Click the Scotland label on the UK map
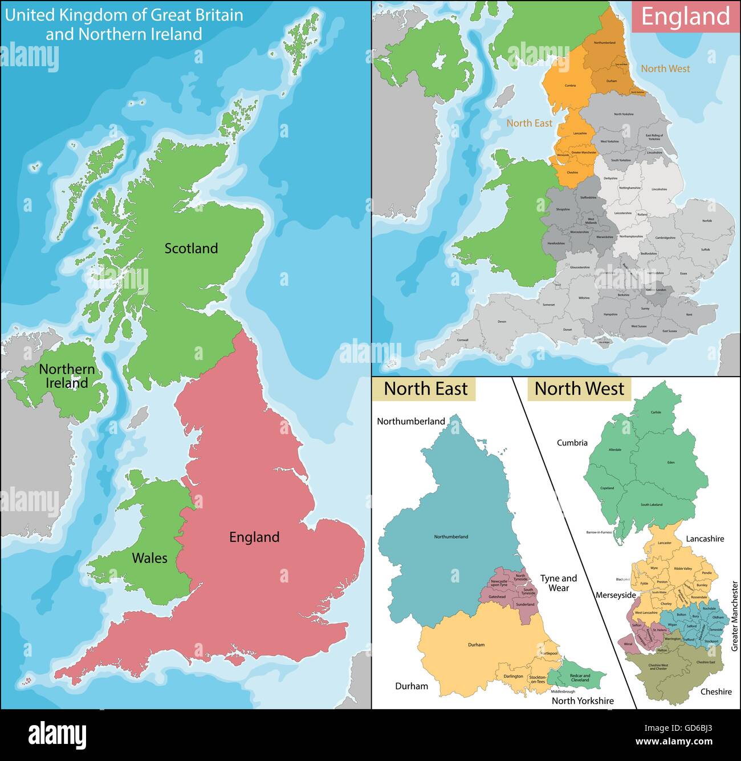[191, 248]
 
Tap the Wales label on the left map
[149, 558]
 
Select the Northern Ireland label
[67, 376]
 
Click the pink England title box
[685, 16]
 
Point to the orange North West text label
[665, 68]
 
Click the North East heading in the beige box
[425, 389]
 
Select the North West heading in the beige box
[579, 389]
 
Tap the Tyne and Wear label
[558, 583]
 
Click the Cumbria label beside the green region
[572, 443]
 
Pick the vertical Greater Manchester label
[735, 616]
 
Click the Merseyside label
[616, 595]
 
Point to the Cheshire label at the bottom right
[716, 691]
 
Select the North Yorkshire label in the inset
[583, 701]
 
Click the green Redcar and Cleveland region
[580, 677]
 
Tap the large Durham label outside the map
[412, 686]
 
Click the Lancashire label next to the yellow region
[705, 539]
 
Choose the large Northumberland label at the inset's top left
[410, 422]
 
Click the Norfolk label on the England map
[707, 220]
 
